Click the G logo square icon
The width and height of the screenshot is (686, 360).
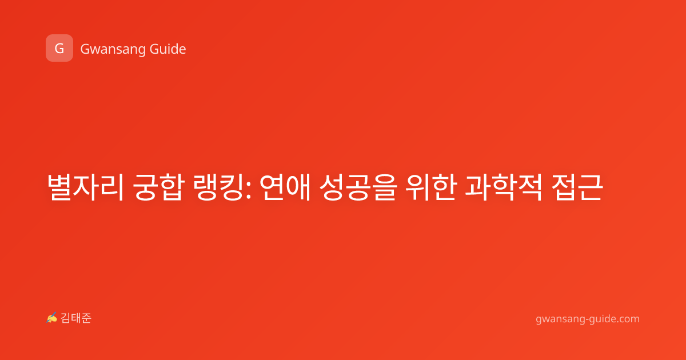pyautogui.click(x=59, y=48)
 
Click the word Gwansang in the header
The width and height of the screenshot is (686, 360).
pyautogui.click(x=113, y=50)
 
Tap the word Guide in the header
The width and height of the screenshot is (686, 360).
pyautogui.click(x=168, y=49)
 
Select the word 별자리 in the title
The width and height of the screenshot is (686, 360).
pyautogui.click(x=85, y=187)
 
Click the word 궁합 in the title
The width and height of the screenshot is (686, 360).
pyautogui.click(x=159, y=187)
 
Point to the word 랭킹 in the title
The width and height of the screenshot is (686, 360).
pyautogui.click(x=219, y=187)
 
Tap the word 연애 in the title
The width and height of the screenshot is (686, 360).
pyautogui.click(x=285, y=187)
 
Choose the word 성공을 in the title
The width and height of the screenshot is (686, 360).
pyautogui.click(x=358, y=187)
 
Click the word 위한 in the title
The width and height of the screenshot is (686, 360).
pyautogui.click(x=431, y=187)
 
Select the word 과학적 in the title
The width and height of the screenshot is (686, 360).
pyautogui.click(x=504, y=187)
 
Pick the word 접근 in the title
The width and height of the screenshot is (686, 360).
pyautogui.click(x=577, y=187)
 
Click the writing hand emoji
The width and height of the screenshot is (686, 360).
pyautogui.click(x=52, y=318)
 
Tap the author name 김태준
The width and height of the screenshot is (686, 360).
pyautogui.click(x=76, y=318)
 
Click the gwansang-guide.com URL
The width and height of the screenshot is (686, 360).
pyautogui.click(x=588, y=319)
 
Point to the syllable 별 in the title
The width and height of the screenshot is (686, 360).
pyautogui.click(x=59, y=187)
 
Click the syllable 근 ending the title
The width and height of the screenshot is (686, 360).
pyautogui.click(x=591, y=187)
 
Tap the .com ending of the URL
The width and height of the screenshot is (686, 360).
pyautogui.click(x=628, y=319)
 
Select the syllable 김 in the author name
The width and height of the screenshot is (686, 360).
pyautogui.click(x=66, y=318)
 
